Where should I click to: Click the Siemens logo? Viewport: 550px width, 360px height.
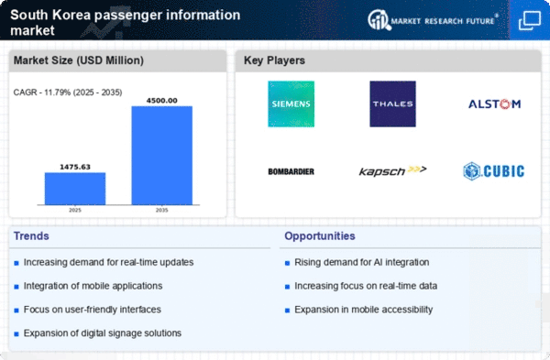pyautogui.click(x=291, y=104)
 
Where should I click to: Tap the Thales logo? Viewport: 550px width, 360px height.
pyautogui.click(x=393, y=104)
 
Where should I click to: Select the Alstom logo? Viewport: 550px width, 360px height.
pyautogui.click(x=496, y=104)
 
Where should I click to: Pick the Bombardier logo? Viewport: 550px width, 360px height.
pyautogui.click(x=291, y=170)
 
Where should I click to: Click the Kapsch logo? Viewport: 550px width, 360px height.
pyautogui.click(x=393, y=170)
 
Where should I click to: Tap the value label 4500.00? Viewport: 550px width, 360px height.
pyautogui.click(x=161, y=100)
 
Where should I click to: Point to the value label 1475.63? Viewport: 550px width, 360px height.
pyautogui.click(x=75, y=167)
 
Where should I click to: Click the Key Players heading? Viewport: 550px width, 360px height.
pyautogui.click(x=275, y=60)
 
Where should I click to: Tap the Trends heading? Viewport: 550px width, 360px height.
pyautogui.click(x=32, y=236)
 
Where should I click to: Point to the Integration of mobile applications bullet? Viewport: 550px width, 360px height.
pyautogui.click(x=94, y=286)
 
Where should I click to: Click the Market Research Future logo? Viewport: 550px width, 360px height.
pyautogui.click(x=430, y=19)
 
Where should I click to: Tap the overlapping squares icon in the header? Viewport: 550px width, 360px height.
pyautogui.click(x=529, y=19)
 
